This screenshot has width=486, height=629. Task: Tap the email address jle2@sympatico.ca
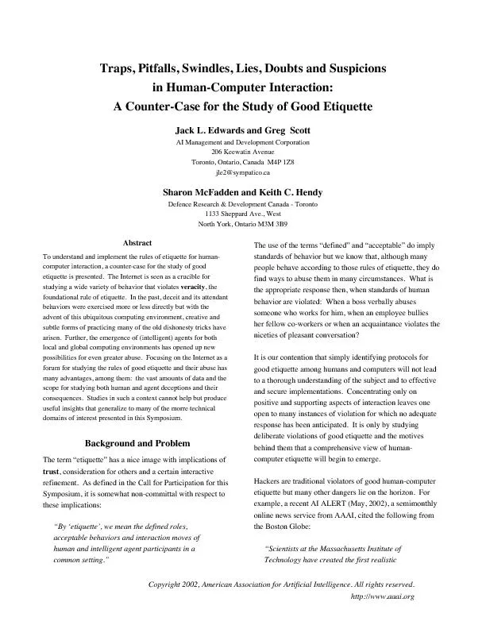(243, 172)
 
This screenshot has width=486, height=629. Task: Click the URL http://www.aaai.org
(383, 596)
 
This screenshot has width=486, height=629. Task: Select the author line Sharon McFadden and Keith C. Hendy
(243, 192)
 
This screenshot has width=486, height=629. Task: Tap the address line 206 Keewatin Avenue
(243, 151)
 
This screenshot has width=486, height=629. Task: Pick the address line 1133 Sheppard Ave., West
(243, 214)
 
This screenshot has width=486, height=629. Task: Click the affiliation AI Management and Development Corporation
(243, 141)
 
